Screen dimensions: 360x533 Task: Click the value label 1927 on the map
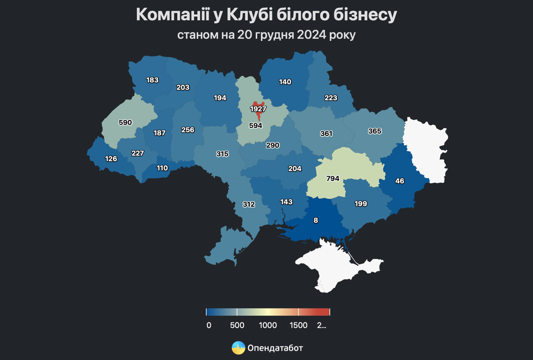pyautogui.click(x=258, y=109)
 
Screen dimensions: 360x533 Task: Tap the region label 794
pyautogui.click(x=333, y=179)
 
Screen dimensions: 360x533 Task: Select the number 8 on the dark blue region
pyautogui.click(x=316, y=220)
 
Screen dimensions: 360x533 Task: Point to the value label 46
pyautogui.click(x=400, y=181)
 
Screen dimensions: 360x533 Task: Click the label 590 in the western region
pyautogui.click(x=125, y=123)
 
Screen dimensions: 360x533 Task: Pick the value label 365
pyautogui.click(x=375, y=131)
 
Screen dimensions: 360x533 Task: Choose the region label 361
pyautogui.click(x=326, y=134)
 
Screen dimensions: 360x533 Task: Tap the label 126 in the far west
pyautogui.click(x=111, y=159)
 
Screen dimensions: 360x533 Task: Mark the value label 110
pyautogui.click(x=162, y=168)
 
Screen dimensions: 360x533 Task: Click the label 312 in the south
pyautogui.click(x=249, y=204)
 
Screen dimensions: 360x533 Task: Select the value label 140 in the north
pyautogui.click(x=285, y=82)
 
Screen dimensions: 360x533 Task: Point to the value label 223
pyautogui.click(x=331, y=98)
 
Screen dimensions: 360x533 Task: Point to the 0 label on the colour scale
pyautogui.click(x=209, y=325)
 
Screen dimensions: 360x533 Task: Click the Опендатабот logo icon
pyautogui.click(x=238, y=348)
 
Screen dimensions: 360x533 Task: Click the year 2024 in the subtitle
pyautogui.click(x=312, y=35)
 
